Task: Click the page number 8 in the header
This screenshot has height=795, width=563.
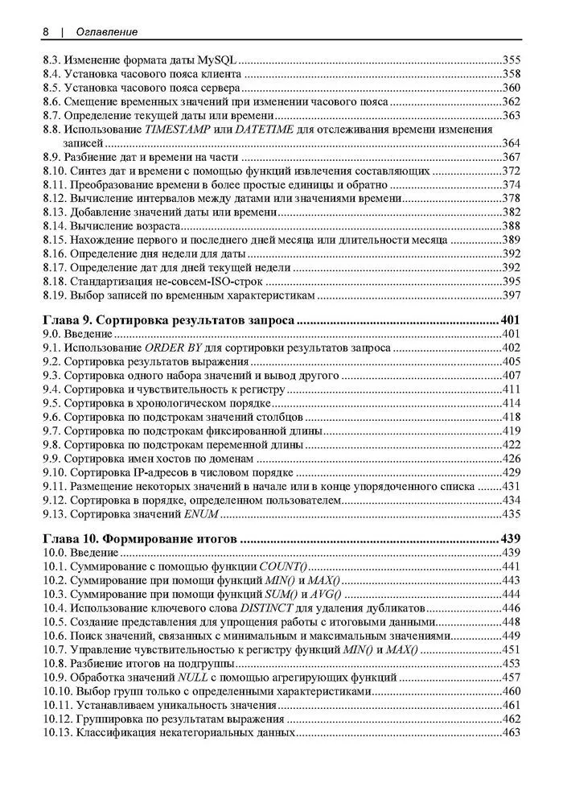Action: [x=46, y=31]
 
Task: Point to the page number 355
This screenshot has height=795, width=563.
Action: [x=512, y=60]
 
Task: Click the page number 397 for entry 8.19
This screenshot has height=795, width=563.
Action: [x=512, y=295]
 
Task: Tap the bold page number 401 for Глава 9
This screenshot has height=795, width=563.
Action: [x=511, y=320]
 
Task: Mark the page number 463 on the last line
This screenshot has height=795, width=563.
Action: [x=512, y=733]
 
